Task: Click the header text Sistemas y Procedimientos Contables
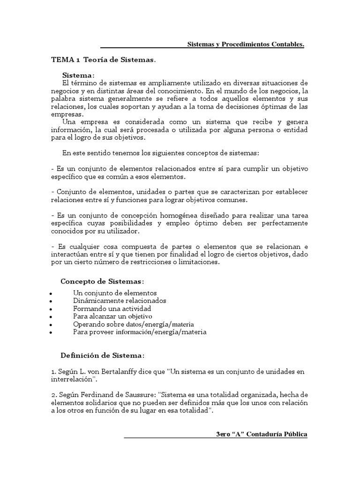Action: coord(246,44)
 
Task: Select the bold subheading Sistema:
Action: coord(78,75)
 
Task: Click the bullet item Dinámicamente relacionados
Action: coord(120,300)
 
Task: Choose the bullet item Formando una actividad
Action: coord(112,308)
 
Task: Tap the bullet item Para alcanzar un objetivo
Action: coord(113,316)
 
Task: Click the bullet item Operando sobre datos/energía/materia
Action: coord(134,324)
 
